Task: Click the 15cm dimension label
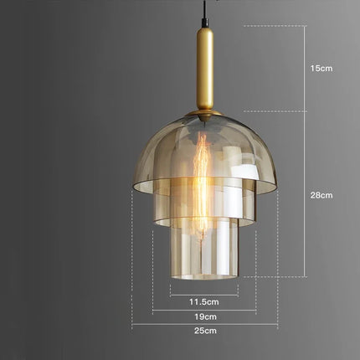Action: coord(321,68)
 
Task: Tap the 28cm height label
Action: coord(321,195)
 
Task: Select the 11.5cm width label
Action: coord(204,301)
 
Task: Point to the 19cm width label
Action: coord(204,316)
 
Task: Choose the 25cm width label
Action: coord(204,332)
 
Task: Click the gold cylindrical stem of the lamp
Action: coord(204,71)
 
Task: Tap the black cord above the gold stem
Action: coord(204,13)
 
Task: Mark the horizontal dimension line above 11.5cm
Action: coord(204,294)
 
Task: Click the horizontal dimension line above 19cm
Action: coord(204,310)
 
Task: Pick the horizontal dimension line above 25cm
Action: coord(204,325)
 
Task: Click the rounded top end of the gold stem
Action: coord(204,31)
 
